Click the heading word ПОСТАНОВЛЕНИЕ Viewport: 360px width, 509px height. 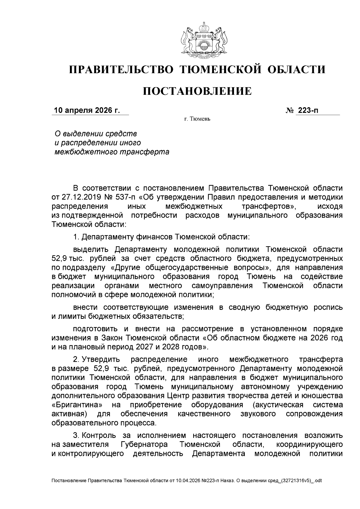[x=197, y=91]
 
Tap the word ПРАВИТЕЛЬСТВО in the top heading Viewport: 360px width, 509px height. [x=121, y=70]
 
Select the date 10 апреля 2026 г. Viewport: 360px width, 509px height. [x=86, y=110]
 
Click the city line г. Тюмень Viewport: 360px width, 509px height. [x=197, y=119]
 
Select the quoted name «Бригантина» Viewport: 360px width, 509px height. [x=76, y=405]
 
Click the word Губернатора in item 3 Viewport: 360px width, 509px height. [x=144, y=444]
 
